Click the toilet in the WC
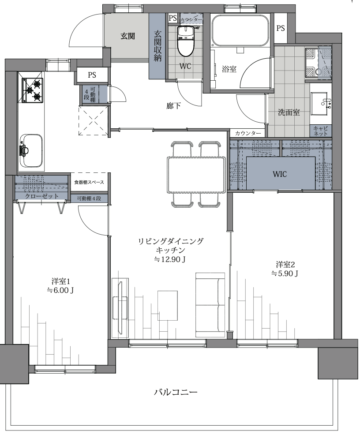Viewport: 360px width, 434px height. (x=186, y=41)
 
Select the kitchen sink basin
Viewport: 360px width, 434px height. (x=31, y=150)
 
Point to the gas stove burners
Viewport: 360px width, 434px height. (x=33, y=90)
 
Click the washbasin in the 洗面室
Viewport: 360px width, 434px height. (x=321, y=104)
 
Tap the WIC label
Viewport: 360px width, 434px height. (x=280, y=174)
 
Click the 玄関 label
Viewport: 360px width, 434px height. (x=127, y=36)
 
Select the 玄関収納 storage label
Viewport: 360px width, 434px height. (x=157, y=46)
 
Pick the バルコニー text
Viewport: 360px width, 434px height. (x=176, y=392)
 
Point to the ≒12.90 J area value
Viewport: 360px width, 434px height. (x=169, y=259)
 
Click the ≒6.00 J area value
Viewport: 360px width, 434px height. (x=60, y=290)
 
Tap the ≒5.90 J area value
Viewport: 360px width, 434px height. (x=285, y=274)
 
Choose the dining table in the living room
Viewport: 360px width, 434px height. (x=196, y=175)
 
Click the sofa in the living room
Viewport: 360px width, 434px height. (x=210, y=305)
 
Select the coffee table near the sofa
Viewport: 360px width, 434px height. (x=168, y=306)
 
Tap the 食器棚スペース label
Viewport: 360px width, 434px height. (x=89, y=183)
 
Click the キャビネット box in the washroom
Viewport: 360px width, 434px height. (x=321, y=131)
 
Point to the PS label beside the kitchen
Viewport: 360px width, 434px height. (x=92, y=75)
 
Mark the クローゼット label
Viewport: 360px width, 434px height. (x=42, y=196)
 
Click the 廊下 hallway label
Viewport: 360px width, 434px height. (x=174, y=106)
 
